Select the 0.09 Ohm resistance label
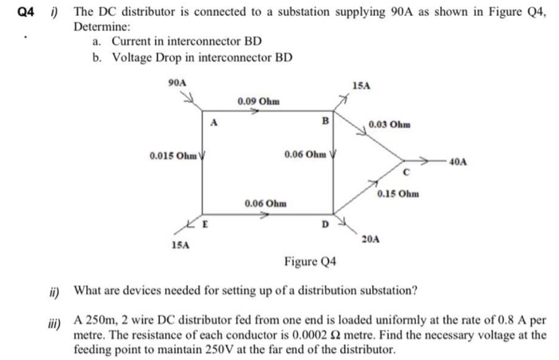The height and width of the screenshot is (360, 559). tap(258, 101)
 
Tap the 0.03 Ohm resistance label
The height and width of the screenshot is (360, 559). tap(390, 125)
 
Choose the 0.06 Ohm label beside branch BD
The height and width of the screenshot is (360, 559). tap(303, 154)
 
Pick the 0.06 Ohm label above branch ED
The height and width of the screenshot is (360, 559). tap(265, 204)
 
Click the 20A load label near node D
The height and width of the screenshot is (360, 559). tap(371, 239)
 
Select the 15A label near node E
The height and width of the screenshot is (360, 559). tap(180, 246)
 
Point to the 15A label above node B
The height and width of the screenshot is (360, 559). tap(361, 85)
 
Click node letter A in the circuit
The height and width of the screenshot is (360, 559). tap(214, 121)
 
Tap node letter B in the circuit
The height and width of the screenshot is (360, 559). tap(324, 121)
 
